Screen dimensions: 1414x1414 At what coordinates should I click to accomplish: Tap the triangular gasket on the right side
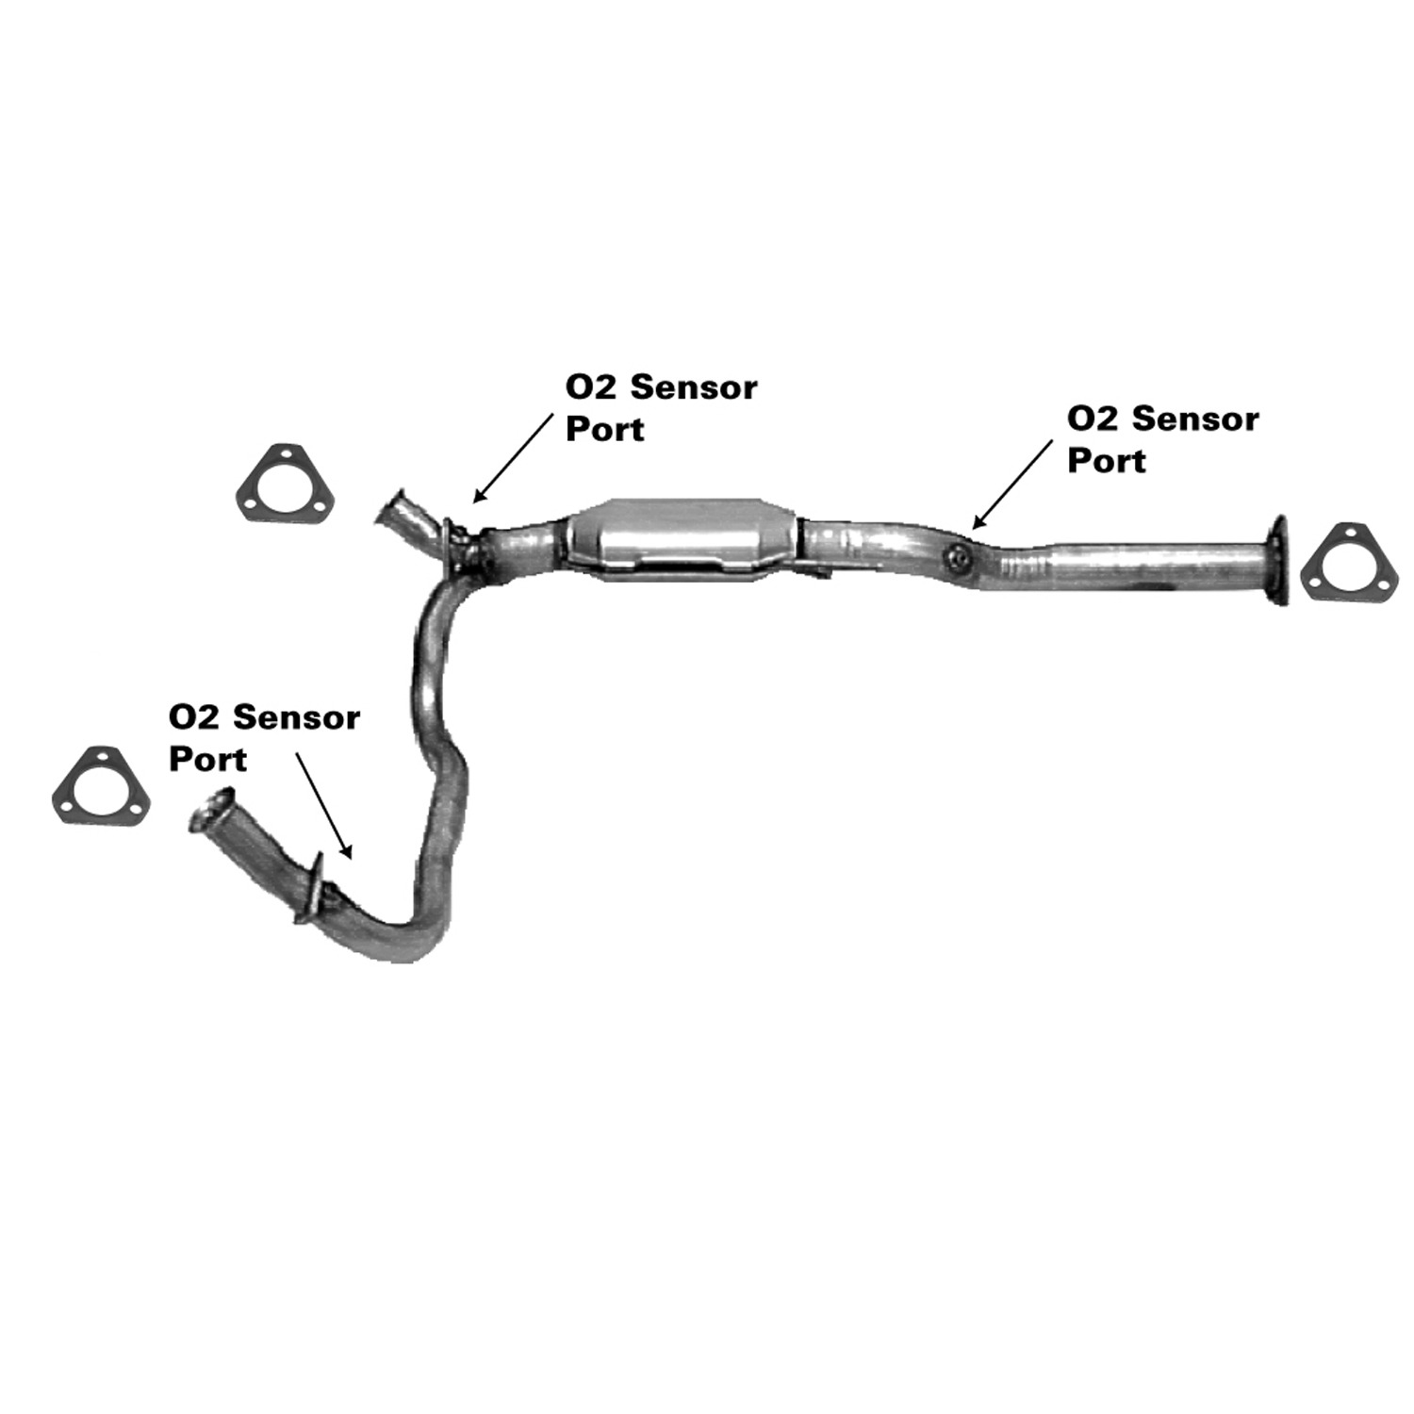(1342, 564)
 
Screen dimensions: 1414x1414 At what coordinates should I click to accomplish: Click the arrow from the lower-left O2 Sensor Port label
(324, 805)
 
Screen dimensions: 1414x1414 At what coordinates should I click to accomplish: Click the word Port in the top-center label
(604, 430)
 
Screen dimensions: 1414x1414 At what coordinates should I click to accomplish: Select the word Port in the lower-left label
(207, 760)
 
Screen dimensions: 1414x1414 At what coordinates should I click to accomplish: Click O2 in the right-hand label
(1087, 419)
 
